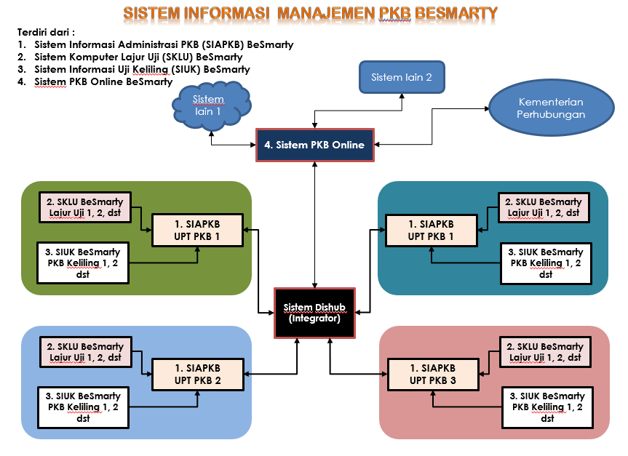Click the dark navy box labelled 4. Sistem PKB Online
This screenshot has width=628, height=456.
coord(314,145)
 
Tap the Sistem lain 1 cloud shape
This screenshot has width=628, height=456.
coord(209,105)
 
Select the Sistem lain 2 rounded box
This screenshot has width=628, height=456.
coord(402,77)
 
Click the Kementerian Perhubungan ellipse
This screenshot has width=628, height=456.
coord(551,109)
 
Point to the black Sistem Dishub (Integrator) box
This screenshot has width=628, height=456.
coord(314,313)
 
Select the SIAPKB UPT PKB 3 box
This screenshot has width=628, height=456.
coord(432,374)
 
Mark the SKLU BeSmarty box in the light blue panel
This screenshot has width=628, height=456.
coord(85,352)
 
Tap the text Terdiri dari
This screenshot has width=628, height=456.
coord(47,33)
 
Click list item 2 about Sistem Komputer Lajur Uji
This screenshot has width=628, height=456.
coord(138,57)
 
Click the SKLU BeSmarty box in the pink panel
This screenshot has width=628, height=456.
coord(545,352)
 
